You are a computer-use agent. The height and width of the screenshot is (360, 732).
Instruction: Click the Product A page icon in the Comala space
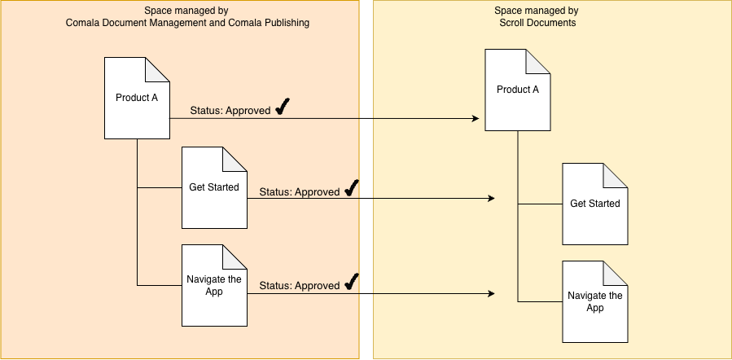[x=136, y=99]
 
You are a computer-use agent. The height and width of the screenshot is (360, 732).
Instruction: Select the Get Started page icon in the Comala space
[x=214, y=187]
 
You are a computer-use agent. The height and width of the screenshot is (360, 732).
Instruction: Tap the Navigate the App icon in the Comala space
[x=214, y=285]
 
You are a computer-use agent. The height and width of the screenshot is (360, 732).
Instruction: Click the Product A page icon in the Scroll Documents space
[x=518, y=90]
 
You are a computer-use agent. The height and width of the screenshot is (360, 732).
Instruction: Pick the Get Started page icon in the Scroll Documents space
[x=594, y=204]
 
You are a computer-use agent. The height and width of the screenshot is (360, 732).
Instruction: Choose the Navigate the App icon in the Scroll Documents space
[x=594, y=301]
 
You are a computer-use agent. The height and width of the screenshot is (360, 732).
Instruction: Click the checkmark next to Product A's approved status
[x=282, y=108]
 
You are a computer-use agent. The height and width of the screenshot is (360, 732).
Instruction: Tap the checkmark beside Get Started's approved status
[x=351, y=189]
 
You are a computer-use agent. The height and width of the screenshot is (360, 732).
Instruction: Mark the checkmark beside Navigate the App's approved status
[x=351, y=283]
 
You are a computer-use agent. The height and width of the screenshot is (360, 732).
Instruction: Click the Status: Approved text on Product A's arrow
[x=230, y=111]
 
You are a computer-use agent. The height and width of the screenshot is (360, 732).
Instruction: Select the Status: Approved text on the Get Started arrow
[x=299, y=192]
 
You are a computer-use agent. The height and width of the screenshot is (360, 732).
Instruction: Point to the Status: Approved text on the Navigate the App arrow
[x=299, y=286]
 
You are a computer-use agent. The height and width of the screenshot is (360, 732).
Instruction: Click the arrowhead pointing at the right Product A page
[x=475, y=119]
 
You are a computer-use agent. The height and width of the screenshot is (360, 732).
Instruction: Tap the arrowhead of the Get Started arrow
[x=491, y=199]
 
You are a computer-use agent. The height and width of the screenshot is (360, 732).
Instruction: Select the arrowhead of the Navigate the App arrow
[x=491, y=293]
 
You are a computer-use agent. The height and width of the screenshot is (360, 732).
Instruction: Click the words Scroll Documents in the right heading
[x=537, y=23]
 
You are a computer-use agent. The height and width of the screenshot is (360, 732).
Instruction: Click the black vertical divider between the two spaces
[x=366, y=179]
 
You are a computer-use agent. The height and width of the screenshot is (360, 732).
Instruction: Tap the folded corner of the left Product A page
[x=159, y=69]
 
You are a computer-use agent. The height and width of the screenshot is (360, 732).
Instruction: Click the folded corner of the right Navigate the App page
[x=616, y=272]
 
